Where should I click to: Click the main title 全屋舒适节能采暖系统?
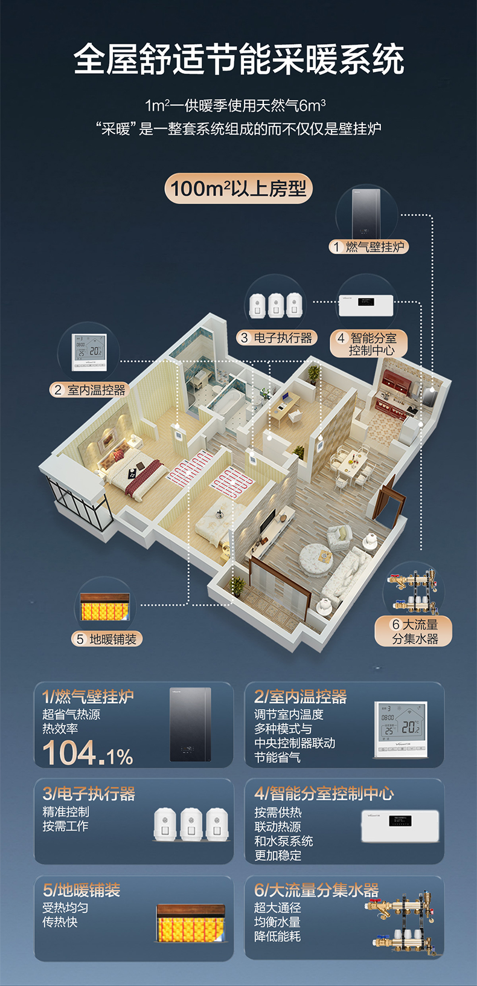point(238,59)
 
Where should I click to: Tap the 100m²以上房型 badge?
point(238,188)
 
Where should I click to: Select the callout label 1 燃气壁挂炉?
point(369,246)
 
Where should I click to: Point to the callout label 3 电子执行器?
point(277,338)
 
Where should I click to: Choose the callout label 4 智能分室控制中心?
point(369,344)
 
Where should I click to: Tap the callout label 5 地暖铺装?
point(107,639)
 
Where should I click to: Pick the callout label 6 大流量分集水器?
point(413,631)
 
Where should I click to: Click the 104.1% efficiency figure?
point(88,753)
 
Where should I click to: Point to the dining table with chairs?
point(352,466)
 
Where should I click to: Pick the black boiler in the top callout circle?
point(366,213)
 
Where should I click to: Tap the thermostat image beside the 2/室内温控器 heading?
point(401,729)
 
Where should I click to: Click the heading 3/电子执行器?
point(89,793)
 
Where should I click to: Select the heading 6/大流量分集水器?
point(316,890)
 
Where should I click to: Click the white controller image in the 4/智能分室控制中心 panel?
point(400,826)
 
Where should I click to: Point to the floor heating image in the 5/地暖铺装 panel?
point(191,924)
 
